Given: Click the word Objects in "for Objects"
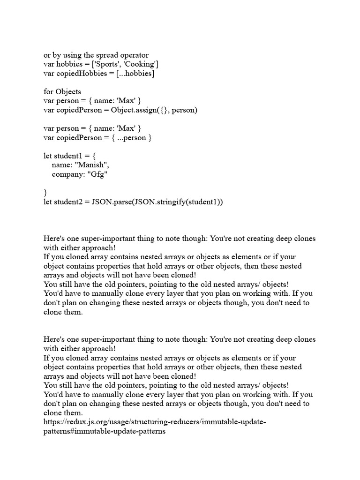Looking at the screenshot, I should (x=68, y=92).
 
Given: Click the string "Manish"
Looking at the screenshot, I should (x=95, y=165).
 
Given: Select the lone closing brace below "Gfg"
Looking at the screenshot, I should (x=45, y=193).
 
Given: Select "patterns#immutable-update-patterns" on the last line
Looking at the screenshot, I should (x=105, y=431).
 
